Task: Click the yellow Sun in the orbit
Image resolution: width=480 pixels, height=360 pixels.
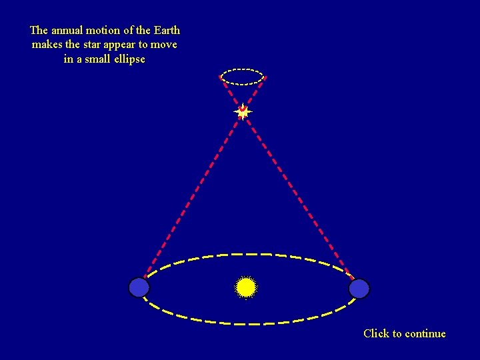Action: click(246, 287)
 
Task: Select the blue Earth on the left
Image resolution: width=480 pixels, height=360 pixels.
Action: click(139, 287)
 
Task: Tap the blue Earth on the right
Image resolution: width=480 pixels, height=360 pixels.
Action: click(359, 289)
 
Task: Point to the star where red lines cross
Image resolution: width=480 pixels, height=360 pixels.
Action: click(243, 112)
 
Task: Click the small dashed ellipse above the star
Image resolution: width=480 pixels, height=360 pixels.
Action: click(243, 69)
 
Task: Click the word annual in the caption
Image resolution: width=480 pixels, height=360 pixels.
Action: click(68, 31)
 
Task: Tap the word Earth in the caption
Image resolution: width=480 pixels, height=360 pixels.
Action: click(167, 31)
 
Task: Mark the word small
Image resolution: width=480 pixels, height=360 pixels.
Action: click(97, 59)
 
